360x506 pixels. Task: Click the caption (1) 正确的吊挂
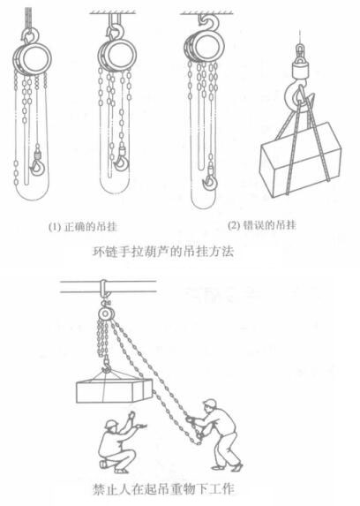pyautogui.click(x=83, y=227)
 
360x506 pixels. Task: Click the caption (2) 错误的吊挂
pyautogui.click(x=261, y=225)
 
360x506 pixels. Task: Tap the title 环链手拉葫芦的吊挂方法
pyautogui.click(x=163, y=252)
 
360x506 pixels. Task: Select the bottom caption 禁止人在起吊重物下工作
pyautogui.click(x=163, y=489)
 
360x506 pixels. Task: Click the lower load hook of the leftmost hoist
pyautogui.click(x=37, y=167)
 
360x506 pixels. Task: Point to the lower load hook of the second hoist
pyautogui.click(x=121, y=162)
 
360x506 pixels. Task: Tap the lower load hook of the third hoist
pyautogui.click(x=210, y=181)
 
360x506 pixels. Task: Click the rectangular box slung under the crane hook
pyautogui.click(x=301, y=159)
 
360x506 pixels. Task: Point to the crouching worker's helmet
pyautogui.click(x=111, y=424)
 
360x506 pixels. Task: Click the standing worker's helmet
pyautogui.click(x=210, y=403)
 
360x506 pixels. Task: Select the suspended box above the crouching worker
pyautogui.click(x=114, y=390)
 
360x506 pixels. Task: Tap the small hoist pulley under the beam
pyautogui.click(x=104, y=313)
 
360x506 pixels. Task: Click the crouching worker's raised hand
pyautogui.click(x=131, y=415)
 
